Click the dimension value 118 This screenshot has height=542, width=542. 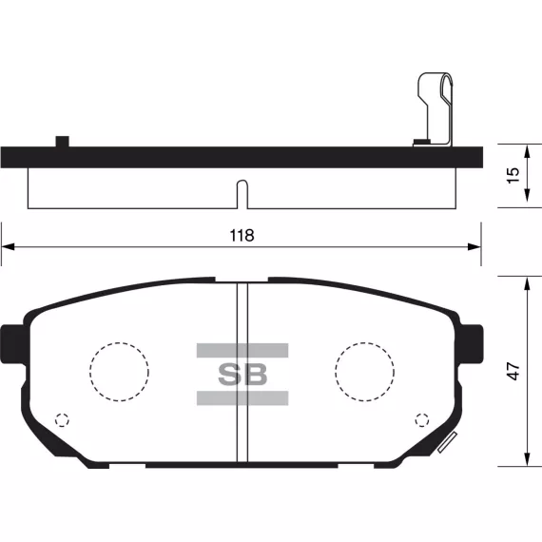tap(242, 236)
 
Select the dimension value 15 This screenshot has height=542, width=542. tap(513, 175)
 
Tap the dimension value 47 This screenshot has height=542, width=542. tap(513, 371)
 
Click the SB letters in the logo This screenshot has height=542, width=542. tap(242, 374)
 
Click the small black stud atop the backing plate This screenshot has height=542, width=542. tap(63, 142)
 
